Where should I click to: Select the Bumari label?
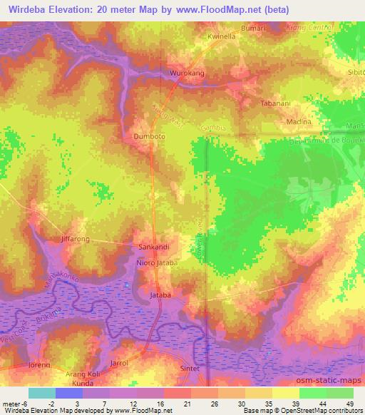(x=255, y=27)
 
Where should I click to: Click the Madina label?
(x=299, y=123)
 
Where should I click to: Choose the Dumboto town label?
(x=148, y=135)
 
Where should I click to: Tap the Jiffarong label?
(x=76, y=239)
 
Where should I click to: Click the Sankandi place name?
(x=153, y=248)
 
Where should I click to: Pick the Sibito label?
(x=355, y=73)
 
